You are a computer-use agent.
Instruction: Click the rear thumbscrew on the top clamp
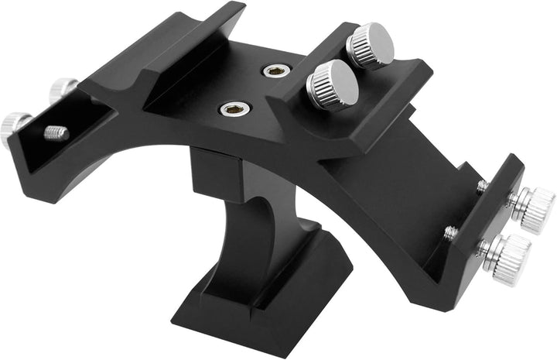(370, 45)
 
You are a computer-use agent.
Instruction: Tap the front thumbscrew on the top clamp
(333, 83)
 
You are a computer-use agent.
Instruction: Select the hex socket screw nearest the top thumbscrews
(272, 72)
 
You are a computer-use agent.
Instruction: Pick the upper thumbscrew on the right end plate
(532, 208)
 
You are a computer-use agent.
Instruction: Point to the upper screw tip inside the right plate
(482, 187)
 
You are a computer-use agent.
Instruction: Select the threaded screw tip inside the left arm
(56, 133)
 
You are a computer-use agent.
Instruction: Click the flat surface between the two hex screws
(251, 91)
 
